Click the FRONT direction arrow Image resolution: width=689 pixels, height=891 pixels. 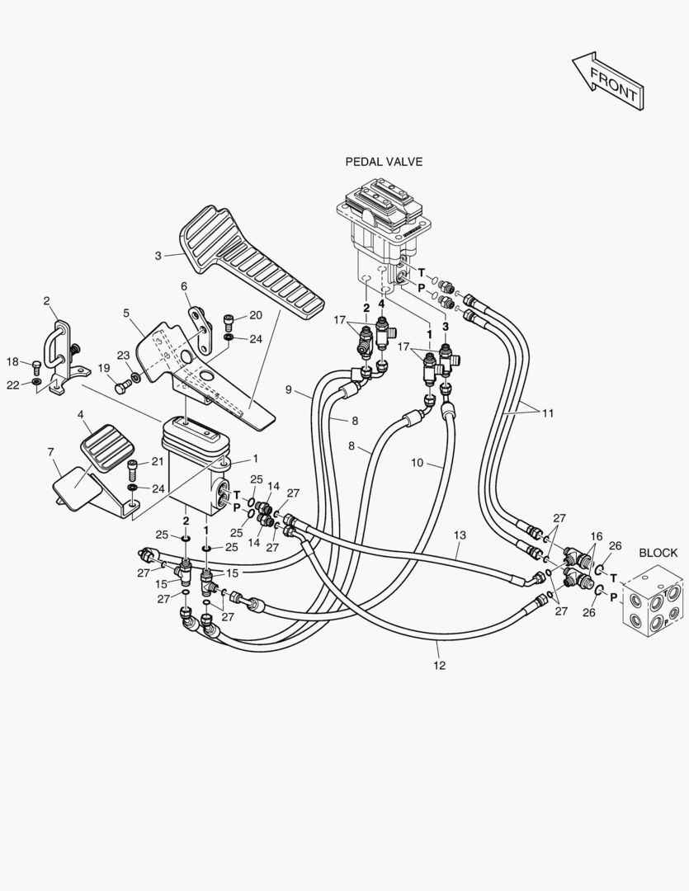608,81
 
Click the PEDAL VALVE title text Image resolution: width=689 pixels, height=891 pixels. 384,162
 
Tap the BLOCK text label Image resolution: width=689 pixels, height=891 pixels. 658,553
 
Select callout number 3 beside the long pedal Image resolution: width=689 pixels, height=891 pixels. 158,257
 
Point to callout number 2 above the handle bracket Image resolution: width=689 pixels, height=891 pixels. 46,300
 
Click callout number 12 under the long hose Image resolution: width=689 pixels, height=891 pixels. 440,665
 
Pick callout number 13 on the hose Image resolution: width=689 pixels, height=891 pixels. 460,535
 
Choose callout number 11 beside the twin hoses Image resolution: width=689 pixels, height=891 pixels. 547,413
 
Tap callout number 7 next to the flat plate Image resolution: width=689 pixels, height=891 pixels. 50,452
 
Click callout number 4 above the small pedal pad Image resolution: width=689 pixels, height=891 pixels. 82,414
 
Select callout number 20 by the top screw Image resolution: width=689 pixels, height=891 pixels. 256,315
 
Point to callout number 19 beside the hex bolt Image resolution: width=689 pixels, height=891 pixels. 103,368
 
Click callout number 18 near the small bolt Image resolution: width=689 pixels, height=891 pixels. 12,362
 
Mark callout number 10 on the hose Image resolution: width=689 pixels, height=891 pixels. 418,463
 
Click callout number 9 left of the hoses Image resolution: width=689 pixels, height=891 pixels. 289,389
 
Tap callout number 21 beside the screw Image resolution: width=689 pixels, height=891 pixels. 158,462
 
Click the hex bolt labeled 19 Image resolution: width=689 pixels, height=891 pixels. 122,389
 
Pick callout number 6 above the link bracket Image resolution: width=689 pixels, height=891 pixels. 184,287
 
